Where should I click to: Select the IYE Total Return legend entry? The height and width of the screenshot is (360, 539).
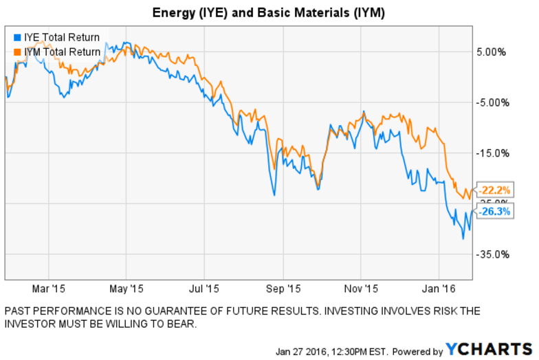[61, 37]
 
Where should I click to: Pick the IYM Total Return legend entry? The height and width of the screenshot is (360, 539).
[62, 50]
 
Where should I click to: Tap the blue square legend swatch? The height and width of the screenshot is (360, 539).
[17, 37]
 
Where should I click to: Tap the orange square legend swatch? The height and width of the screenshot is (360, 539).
[17, 50]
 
